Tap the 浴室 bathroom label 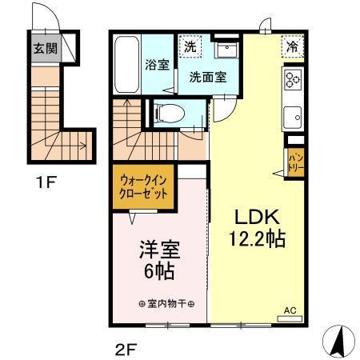coord(156,66)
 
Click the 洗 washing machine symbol coord(190,47)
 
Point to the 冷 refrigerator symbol coord(294,47)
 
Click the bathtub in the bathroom coord(126,65)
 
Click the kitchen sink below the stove coord(292,114)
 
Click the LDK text coord(257,217)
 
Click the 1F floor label coord(45,182)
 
